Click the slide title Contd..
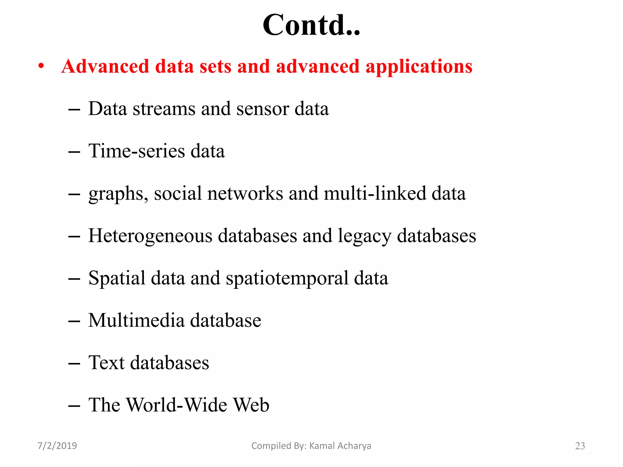point(311,25)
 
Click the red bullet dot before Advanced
point(41,66)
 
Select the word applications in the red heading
point(419,67)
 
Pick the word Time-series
point(136,151)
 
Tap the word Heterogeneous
point(150,236)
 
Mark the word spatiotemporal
point(287,278)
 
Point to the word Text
point(106,362)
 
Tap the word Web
point(251,405)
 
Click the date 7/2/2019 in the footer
point(57,446)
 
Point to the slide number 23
point(580,446)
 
